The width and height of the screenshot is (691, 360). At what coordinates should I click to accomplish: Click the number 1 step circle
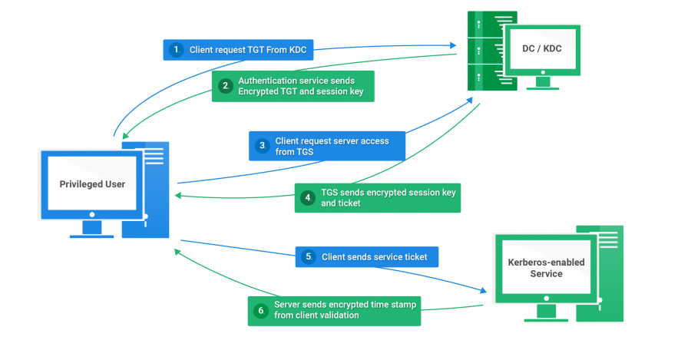pos(177,50)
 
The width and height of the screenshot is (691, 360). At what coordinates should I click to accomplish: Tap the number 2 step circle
pos(225,86)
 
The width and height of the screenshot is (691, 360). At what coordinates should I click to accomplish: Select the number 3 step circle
pos(262,146)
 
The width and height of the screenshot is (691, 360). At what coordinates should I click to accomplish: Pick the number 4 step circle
pos(307,198)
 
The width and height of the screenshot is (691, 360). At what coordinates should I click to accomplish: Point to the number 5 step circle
pos(308,257)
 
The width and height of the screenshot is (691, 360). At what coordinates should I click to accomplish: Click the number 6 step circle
pos(260,311)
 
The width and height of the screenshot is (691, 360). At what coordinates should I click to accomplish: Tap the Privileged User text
pos(92,184)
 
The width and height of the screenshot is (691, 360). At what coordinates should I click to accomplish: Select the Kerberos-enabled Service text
pos(546,268)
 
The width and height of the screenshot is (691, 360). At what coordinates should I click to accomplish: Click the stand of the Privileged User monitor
pos(92,230)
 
